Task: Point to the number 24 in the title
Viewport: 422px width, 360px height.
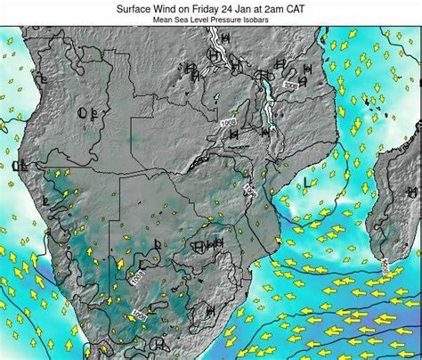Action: point(242,6)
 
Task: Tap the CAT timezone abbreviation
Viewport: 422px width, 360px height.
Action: point(317,6)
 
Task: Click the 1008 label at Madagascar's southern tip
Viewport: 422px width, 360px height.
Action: point(385,265)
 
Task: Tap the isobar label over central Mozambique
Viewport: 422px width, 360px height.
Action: point(251,190)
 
